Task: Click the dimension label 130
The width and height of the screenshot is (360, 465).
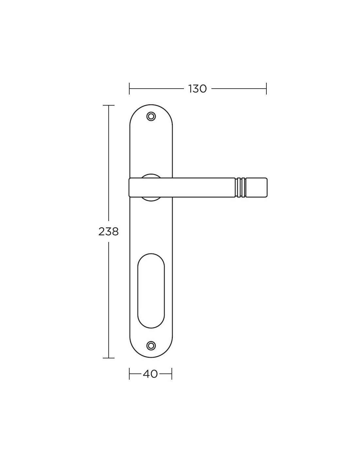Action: tap(197, 89)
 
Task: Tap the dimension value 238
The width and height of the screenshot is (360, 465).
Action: tap(108, 232)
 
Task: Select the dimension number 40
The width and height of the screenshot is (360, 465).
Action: tap(150, 374)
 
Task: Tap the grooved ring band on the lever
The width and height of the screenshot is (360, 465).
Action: tap(240, 187)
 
